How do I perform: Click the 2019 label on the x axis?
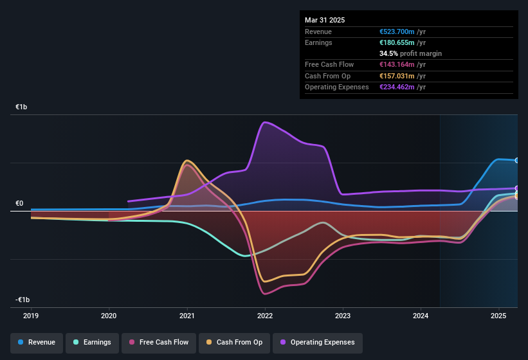coord(31,316)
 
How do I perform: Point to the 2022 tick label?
coord(264,316)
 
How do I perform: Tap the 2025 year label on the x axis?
coord(498,316)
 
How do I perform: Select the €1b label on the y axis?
coord(22,107)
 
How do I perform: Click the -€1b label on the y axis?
coord(23,300)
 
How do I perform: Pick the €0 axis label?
coord(19,204)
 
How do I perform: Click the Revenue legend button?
coord(37,343)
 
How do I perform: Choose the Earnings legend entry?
coord(93,343)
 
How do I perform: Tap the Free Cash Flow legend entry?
coord(159,343)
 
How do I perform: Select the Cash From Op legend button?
coord(233,343)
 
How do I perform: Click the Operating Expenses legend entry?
coord(318,343)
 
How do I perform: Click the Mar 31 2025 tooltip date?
coord(325,20)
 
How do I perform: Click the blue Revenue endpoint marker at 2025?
coord(517,160)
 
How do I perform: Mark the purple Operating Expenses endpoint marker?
coord(517,188)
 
